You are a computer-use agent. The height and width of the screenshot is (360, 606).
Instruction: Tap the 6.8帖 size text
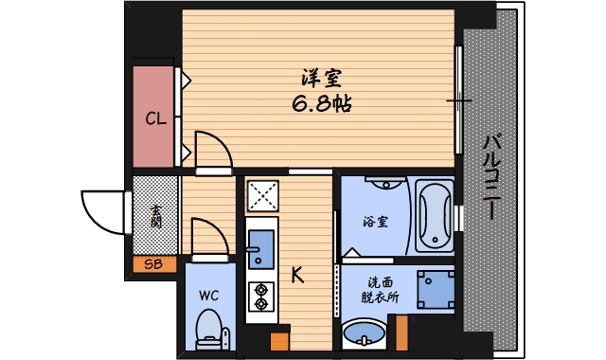322,103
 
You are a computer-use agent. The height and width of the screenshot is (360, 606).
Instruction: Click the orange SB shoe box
153,264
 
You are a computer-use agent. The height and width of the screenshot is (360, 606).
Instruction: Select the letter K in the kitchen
296,276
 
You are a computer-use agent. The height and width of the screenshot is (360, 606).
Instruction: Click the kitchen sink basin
260,244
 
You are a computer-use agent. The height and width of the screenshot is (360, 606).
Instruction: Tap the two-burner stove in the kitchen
260,297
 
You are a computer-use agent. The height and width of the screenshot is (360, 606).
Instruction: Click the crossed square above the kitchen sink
262,196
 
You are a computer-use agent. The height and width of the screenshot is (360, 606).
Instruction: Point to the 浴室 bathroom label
375,222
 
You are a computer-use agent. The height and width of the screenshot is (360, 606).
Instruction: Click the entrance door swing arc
103,212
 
